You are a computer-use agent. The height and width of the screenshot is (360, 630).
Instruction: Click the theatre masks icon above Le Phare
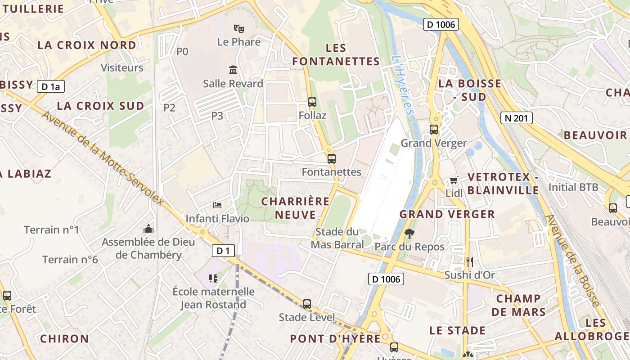(238, 29)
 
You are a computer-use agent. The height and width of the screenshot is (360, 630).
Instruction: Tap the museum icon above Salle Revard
(233, 70)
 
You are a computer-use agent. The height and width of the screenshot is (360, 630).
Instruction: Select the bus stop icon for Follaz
(312, 102)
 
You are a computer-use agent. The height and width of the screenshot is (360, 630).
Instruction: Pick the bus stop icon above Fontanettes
(332, 158)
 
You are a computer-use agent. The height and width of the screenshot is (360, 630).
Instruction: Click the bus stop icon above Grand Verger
(434, 130)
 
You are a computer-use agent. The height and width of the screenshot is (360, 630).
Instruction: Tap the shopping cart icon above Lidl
(454, 180)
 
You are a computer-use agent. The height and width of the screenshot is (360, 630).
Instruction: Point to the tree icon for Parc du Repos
(409, 233)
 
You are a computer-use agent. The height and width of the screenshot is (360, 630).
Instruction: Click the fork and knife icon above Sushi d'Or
(469, 261)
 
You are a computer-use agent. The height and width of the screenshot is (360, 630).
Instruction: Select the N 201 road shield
(516, 118)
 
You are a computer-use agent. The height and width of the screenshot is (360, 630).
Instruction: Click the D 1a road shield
(50, 86)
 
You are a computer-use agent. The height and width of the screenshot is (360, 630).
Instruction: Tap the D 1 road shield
(223, 251)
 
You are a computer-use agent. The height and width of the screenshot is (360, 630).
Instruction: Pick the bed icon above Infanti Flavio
(217, 205)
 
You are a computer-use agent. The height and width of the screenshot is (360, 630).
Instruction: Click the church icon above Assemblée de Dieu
(148, 229)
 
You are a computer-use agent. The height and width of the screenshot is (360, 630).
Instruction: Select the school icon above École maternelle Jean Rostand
(213, 279)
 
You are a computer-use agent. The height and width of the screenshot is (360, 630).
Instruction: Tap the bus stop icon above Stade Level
(307, 304)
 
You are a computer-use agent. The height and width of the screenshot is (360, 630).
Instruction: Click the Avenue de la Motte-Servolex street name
(103, 158)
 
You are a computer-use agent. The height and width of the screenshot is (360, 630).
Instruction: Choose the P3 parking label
(217, 116)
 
